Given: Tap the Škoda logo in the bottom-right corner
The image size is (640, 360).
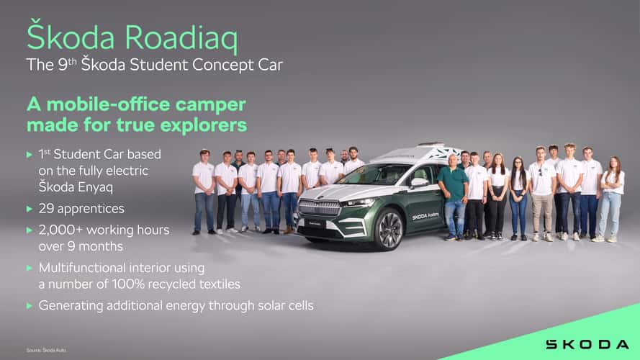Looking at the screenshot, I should tap(587, 344).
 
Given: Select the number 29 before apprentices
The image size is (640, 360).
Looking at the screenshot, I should tap(45, 209).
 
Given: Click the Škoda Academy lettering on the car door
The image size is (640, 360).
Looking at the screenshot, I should tap(425, 215).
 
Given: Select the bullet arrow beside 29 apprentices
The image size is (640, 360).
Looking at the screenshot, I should tap(30, 209).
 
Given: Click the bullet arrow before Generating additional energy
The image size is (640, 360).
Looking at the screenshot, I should tap(30, 305).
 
